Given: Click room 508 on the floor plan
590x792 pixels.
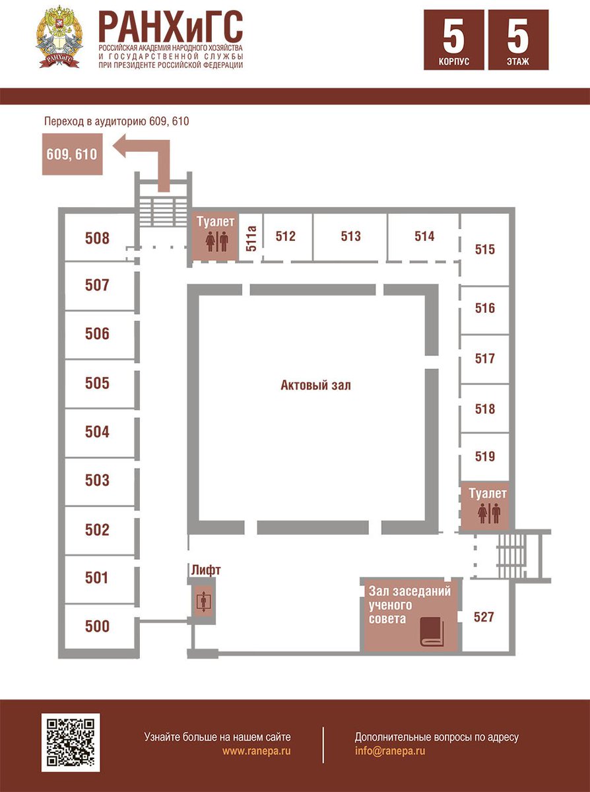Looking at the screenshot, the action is (97, 238).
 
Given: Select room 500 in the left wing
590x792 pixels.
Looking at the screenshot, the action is (97, 626).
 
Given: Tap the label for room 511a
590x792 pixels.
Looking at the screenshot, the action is (251, 238).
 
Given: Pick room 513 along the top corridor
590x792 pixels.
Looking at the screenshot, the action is (350, 236).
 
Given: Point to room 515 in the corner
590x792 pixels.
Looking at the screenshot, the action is (485, 249).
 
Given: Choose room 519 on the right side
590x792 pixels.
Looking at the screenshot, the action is (485, 457).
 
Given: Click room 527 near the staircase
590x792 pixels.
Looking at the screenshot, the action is (484, 617).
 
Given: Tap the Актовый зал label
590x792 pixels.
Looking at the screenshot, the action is (315, 385).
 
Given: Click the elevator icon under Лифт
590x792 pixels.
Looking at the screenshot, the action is (204, 602).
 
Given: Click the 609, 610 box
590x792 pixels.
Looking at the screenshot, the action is (72, 154).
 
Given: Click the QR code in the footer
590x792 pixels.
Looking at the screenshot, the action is (71, 742).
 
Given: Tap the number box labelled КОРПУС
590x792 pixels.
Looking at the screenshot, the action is (453, 40).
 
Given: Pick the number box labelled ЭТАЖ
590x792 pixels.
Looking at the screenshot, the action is (518, 40).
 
